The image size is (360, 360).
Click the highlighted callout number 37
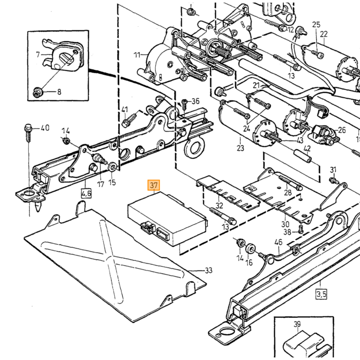click(x=154, y=185)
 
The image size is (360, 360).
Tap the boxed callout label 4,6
click(x=86, y=193)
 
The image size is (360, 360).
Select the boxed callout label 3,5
click(x=321, y=294)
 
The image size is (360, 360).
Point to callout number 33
click(x=208, y=271)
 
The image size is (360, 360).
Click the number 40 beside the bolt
click(x=45, y=128)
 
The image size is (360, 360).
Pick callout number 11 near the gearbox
click(x=137, y=55)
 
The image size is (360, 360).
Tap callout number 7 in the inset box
click(x=38, y=55)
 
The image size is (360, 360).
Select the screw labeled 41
click(x=130, y=120)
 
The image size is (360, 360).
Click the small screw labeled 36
click(x=184, y=104)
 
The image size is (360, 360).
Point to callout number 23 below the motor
click(x=240, y=148)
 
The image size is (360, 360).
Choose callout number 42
click(x=307, y=149)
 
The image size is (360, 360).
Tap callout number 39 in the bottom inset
click(x=297, y=324)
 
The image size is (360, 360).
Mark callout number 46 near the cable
click(x=278, y=242)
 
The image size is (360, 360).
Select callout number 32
click(x=219, y=205)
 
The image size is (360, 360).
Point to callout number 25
click(x=316, y=25)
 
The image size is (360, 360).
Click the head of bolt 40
click(x=27, y=127)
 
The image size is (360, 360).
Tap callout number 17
click(x=101, y=184)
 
